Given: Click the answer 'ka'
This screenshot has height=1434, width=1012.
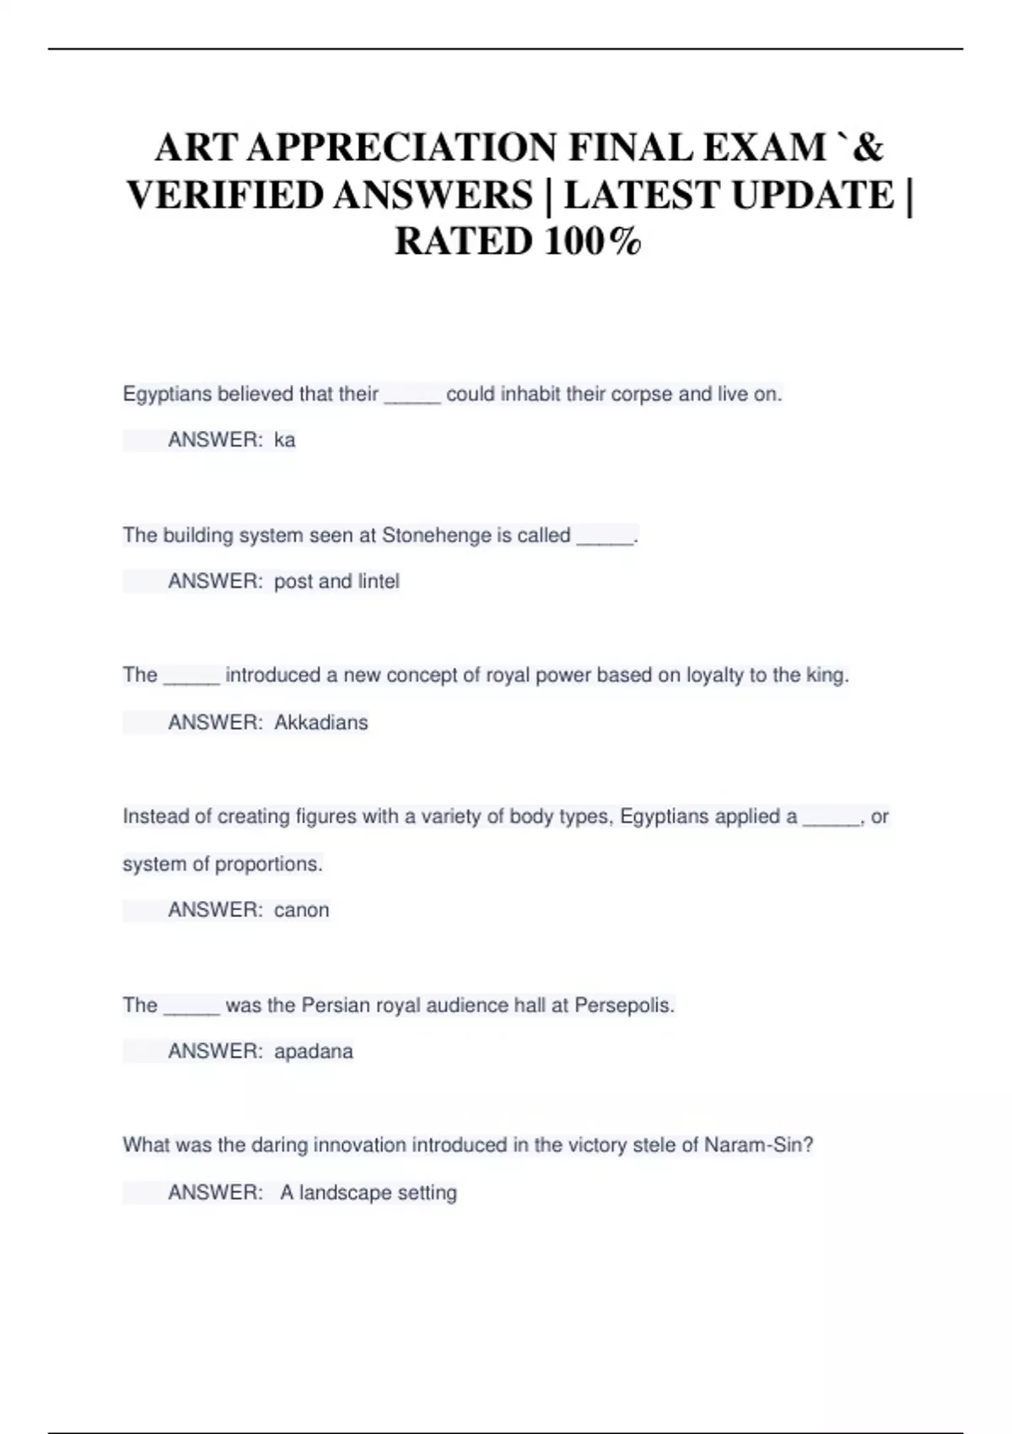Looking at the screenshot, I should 285,440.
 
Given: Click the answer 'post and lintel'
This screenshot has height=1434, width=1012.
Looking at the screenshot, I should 336,581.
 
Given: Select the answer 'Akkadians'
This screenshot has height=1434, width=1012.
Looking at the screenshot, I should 321,723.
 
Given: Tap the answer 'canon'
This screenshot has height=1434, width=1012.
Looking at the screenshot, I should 302,910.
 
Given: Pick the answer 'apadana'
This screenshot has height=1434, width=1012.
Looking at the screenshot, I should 314,1052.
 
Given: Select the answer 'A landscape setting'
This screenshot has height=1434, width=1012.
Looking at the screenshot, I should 369,1193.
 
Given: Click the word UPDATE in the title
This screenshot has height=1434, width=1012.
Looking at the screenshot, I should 812,195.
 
